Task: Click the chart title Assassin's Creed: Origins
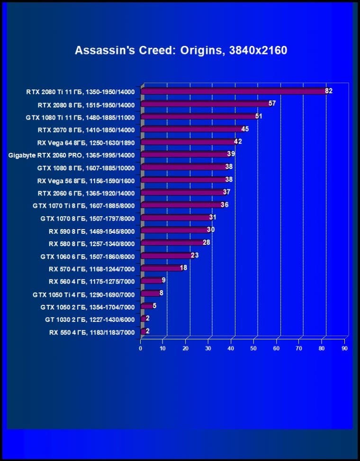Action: [181, 50]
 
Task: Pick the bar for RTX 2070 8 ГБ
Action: [191, 129]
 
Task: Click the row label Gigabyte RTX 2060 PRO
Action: [72, 155]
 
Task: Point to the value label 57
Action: [272, 103]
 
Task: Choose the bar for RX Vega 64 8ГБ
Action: [188, 142]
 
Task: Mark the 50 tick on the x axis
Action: [253, 348]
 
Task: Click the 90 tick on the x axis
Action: [344, 348]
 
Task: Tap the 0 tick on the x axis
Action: [141, 348]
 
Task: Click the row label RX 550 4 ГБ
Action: [92, 332]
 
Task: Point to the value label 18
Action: [184, 268]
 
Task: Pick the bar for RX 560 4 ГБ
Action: [151, 281]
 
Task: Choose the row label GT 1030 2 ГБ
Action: [90, 319]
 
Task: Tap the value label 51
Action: [259, 116]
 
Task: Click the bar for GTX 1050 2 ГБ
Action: [146, 306]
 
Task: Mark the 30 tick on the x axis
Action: [208, 348]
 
